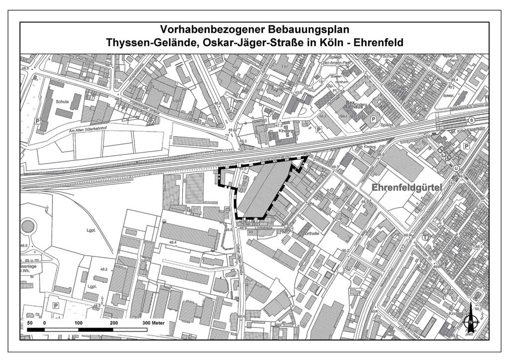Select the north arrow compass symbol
(x=470, y=318)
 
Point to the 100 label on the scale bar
(x=79, y=323)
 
